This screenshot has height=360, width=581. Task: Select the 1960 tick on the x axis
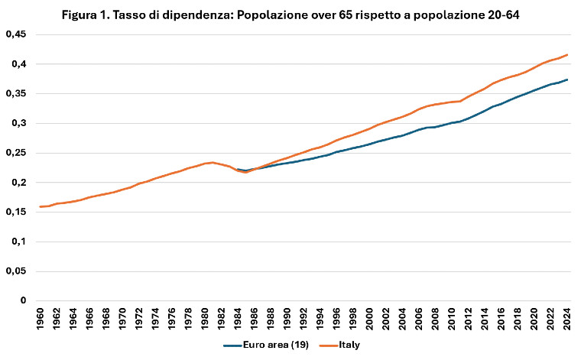(41, 319)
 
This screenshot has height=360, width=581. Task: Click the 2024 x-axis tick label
(566, 319)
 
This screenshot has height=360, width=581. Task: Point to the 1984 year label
(238, 319)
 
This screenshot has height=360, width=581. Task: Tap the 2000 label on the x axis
(369, 319)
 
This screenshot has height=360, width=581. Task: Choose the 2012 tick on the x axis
(467, 319)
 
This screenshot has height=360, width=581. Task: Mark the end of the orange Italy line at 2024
(566, 54)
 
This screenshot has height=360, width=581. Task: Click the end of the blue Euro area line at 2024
(566, 79)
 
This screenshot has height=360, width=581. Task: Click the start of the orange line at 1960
(41, 206)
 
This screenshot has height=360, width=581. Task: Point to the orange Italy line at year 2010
(451, 102)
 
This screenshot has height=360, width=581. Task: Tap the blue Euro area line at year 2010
(451, 122)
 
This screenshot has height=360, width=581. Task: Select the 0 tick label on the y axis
(23, 301)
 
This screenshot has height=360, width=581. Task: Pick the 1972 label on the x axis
(139, 319)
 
